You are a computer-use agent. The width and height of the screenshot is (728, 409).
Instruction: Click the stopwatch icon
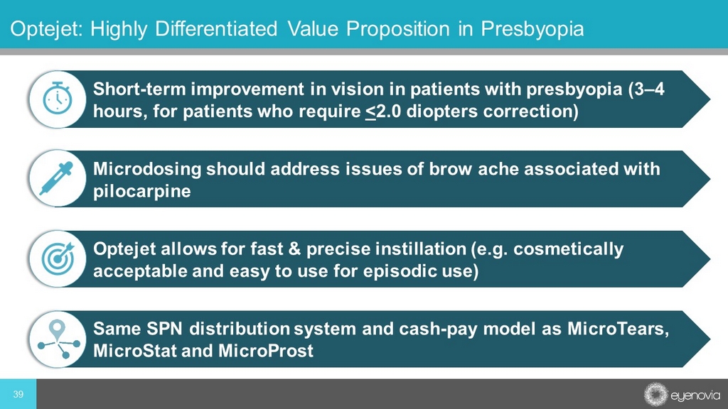pos(58,98)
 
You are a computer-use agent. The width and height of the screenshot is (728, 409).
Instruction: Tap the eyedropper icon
pos(57,178)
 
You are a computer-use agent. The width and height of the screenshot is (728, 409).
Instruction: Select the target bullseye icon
pos(58,258)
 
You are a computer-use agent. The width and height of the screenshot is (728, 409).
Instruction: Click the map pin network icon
pos(58,339)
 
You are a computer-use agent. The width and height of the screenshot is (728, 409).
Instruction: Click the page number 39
pos(18,394)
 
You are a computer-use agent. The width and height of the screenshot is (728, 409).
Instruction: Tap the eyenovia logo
pos(682,395)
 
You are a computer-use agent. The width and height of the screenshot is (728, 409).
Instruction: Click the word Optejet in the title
pos(46,28)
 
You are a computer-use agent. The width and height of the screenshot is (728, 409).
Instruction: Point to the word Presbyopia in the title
pos(532,28)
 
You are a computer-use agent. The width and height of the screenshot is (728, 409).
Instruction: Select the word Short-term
pos(140,89)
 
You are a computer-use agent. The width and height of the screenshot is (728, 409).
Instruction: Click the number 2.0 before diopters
pos(388,111)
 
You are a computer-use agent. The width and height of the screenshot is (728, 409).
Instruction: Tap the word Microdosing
pos(147,169)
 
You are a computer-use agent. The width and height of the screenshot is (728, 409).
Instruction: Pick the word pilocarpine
pos(142,191)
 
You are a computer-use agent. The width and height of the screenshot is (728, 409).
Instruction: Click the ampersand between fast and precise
pos(295,249)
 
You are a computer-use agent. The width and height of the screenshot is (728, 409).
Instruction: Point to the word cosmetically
pos(568,249)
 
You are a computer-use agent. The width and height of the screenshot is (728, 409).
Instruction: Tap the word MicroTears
pos(618,329)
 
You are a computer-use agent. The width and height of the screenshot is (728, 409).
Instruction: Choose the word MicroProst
pos(266,351)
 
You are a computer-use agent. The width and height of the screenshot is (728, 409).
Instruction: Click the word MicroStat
pos(135,351)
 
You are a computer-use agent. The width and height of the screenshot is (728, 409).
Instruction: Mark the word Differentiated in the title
pos(216,28)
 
